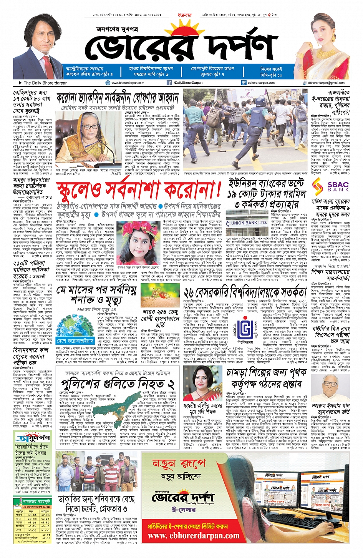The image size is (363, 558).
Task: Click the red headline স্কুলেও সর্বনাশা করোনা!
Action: coord(139,189)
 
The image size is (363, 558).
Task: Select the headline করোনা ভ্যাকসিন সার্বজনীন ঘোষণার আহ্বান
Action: coord(118,98)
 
